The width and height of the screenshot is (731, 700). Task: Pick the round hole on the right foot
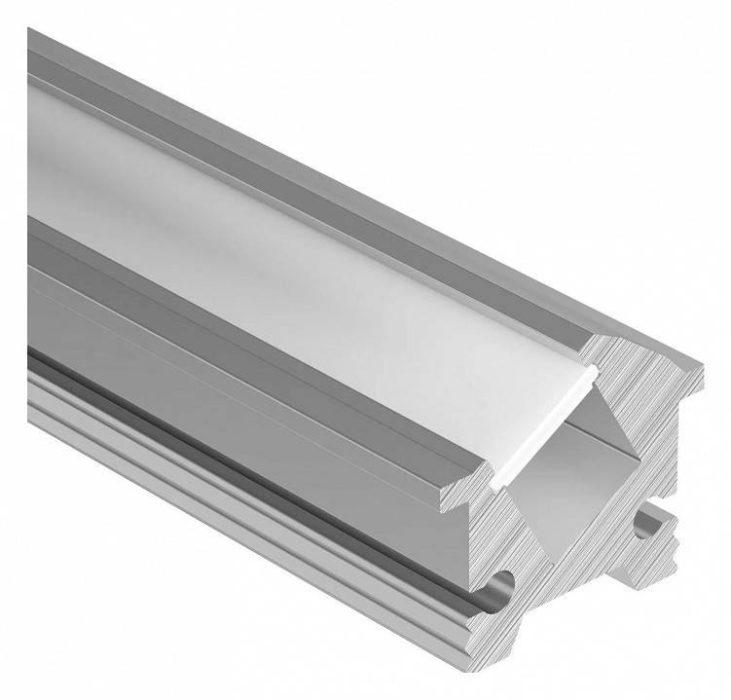[x=643, y=526]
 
